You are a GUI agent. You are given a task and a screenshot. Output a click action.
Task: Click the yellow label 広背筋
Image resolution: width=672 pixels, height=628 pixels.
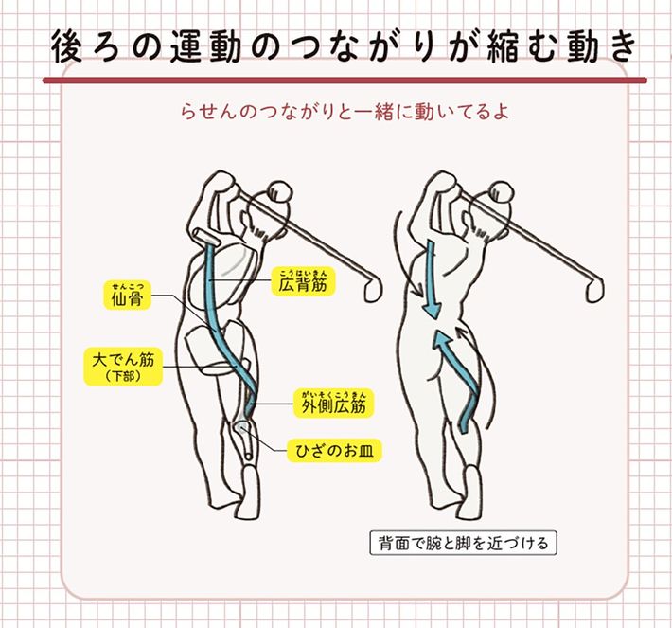pos(303,281)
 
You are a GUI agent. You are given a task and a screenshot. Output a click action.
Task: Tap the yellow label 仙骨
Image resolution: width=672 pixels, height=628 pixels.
pos(127,296)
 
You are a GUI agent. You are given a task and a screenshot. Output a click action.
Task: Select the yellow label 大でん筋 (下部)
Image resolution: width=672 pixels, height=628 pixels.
pos(123,367)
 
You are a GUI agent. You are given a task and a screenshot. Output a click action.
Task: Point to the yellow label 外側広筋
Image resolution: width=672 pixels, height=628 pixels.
pos(334,403)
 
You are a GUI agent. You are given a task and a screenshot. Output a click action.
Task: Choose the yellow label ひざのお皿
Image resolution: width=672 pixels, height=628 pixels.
pos(334,451)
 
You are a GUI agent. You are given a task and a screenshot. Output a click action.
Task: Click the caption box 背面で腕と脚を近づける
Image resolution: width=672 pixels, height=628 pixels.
pos(463,543)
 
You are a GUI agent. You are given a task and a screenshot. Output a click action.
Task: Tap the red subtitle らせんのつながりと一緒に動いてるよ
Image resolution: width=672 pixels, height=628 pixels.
pos(345,113)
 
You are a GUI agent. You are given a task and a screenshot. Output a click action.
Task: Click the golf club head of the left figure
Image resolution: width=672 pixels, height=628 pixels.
pos(374,289)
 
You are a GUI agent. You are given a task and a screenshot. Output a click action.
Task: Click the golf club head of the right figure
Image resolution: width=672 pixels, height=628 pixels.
pos(594,289)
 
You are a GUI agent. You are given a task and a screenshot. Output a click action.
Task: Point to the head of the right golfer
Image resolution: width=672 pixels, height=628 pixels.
pos(502,194)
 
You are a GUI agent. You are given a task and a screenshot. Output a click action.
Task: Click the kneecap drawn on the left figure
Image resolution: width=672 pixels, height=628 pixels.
pos(241,428)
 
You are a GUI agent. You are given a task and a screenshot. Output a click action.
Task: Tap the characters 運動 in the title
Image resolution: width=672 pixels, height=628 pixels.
pos(204,47)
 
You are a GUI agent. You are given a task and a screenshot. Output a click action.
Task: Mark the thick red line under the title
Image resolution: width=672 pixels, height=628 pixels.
pos(345,81)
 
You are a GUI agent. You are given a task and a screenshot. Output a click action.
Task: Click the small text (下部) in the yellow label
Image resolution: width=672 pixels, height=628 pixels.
pos(123,377)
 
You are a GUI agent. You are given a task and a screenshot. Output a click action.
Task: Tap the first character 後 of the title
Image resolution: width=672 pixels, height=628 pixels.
pos(67,47)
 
